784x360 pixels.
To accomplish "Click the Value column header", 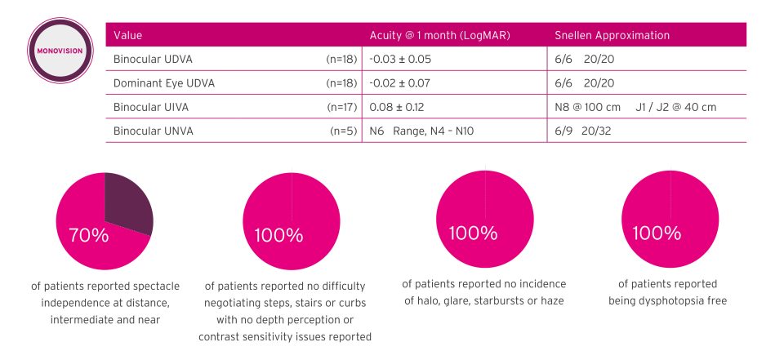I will tap(128, 35).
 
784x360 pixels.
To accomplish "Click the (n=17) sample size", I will tap(342, 106).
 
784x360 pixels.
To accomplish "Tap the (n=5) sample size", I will tap(345, 130).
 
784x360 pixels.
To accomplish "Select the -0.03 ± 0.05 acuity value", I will tap(400, 59).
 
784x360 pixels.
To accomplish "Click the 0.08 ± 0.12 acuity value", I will tap(396, 106).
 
